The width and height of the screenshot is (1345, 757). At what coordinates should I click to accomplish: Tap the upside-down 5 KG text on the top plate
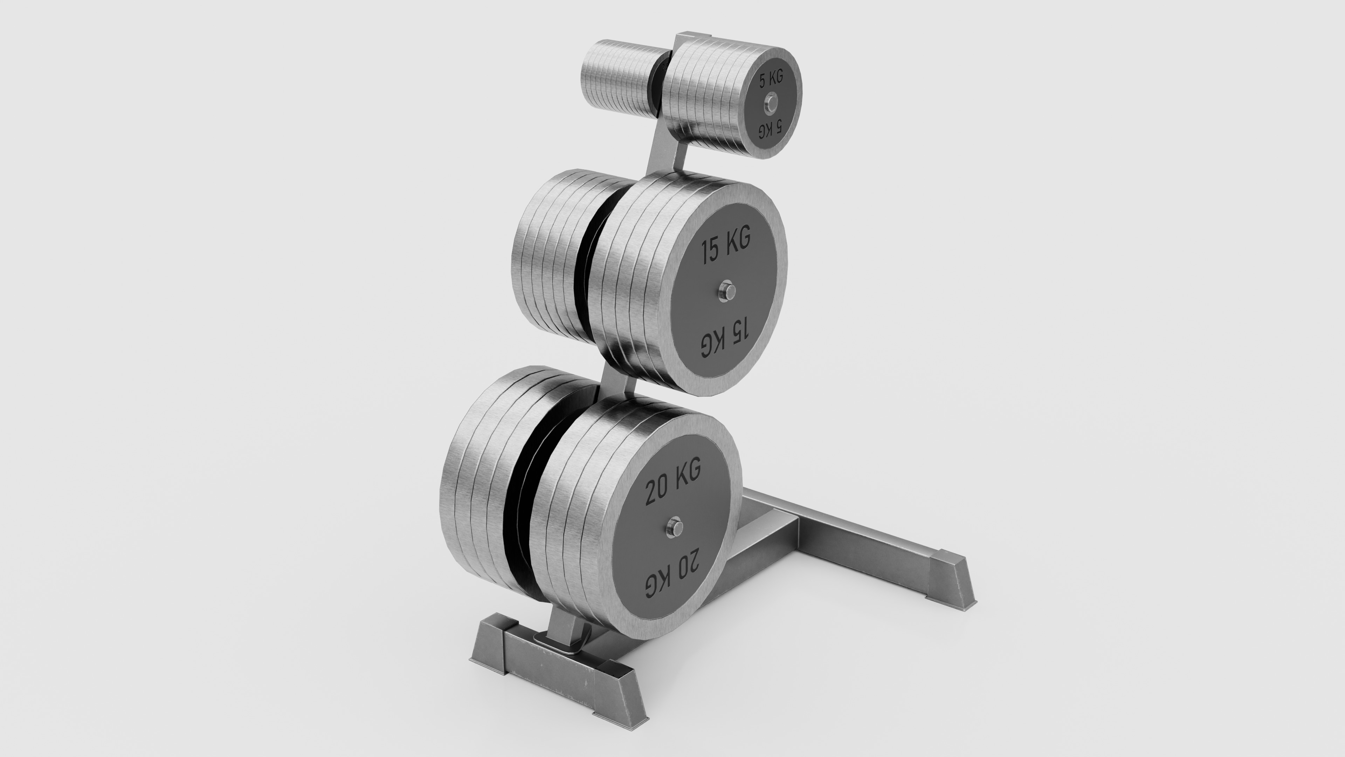[x=771, y=128]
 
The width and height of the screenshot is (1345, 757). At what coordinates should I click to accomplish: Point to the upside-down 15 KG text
[x=726, y=340]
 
